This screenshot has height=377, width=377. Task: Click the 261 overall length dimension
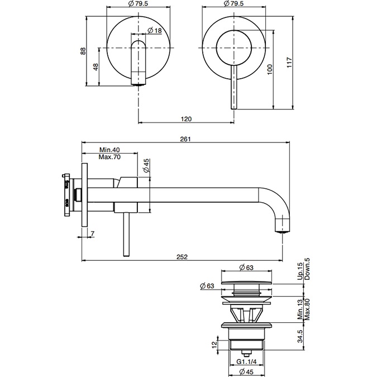point(187,139)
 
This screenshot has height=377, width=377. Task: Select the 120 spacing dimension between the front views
point(187,118)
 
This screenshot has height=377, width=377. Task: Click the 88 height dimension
point(83,50)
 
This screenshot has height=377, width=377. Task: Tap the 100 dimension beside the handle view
point(270,69)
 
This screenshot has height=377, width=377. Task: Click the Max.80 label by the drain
point(307,309)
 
